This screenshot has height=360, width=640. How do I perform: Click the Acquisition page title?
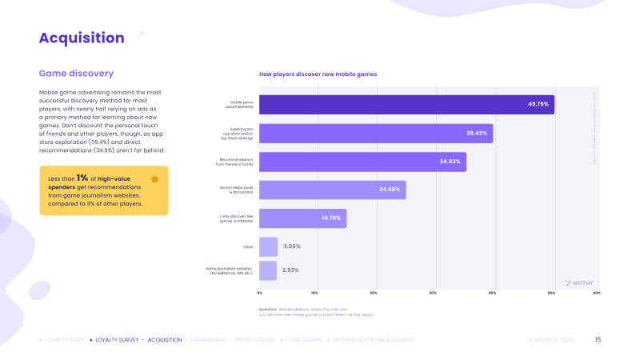(82, 38)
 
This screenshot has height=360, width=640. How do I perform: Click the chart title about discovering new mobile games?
(318, 74)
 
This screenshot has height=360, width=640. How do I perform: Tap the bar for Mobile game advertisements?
(406, 105)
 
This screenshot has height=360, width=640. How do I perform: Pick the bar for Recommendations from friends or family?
(362, 162)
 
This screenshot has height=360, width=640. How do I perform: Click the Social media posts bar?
(332, 190)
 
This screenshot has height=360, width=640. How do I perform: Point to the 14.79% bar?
(302, 218)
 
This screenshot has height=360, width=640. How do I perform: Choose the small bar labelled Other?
(268, 246)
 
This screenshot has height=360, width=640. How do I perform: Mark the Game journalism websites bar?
(267, 270)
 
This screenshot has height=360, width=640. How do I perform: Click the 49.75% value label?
(538, 105)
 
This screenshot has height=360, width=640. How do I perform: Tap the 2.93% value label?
(291, 270)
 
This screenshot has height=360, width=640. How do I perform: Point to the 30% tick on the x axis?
(433, 293)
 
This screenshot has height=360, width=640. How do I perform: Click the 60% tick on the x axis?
(597, 293)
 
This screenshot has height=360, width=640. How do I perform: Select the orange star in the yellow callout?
(154, 179)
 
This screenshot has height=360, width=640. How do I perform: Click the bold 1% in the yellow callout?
(82, 178)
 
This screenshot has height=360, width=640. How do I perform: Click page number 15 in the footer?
(598, 340)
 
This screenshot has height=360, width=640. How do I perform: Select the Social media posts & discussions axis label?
(237, 190)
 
